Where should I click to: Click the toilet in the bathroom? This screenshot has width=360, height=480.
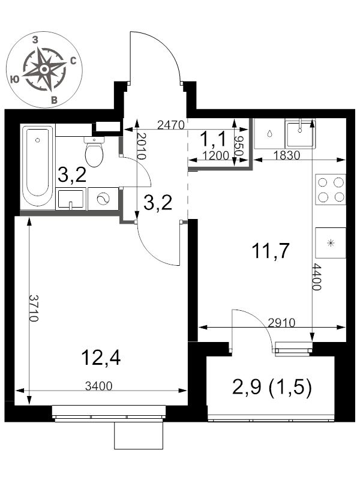click(94, 152)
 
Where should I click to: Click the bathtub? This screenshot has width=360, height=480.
click(38, 167)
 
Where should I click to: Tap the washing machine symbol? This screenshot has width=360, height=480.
click(103, 199)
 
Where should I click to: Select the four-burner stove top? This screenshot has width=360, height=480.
click(331, 190)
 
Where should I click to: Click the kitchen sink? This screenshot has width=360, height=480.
click(300, 134)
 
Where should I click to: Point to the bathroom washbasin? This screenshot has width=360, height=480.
click(70, 199)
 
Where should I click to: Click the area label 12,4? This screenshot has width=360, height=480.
click(101, 358)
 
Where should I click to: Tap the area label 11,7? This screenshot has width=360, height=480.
click(271, 251)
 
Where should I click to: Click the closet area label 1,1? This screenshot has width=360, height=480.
click(214, 139)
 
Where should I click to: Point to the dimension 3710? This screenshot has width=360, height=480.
click(34, 308)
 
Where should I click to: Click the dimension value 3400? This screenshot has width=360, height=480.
click(98, 386)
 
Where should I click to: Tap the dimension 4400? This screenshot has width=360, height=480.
click(317, 277)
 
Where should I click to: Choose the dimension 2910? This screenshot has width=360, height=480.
click(281, 322)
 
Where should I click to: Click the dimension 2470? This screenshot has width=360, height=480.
click(171, 125)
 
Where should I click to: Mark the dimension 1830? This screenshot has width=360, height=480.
click(286, 155)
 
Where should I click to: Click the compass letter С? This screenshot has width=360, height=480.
click(73, 61)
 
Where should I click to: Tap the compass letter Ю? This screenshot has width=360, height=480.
click(14, 80)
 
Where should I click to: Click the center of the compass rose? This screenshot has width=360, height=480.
click(44, 70)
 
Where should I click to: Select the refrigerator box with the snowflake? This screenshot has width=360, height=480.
click(331, 243)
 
